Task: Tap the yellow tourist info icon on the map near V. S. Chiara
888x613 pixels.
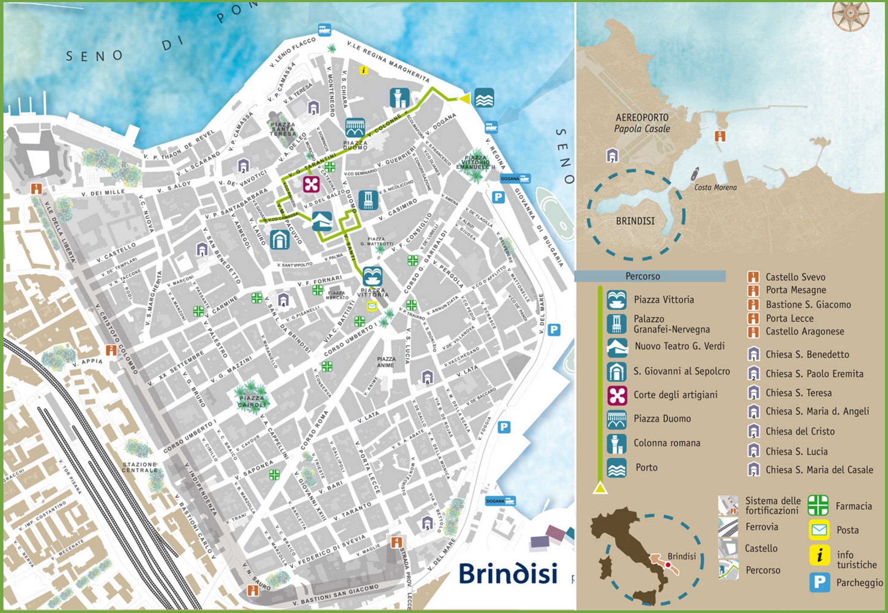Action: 363,70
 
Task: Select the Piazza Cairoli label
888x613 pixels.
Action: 252,402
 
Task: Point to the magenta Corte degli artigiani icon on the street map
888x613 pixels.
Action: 311,184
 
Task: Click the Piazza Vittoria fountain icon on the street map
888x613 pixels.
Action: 372,277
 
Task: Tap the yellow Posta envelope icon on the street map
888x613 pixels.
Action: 372,306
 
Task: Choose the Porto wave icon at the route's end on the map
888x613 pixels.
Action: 484,98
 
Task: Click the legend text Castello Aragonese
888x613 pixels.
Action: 804,331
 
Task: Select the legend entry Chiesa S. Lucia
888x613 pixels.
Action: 796,451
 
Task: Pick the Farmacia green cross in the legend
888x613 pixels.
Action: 818,506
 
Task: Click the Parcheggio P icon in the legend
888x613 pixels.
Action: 819,582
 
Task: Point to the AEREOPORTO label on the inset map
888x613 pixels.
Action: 642,117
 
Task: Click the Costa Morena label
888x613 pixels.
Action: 715,187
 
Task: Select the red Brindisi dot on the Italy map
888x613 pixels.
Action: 668,565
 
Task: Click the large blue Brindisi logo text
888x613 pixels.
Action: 508,573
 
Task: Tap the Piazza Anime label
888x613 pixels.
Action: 386,362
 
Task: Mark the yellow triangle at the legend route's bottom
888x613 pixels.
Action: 600,488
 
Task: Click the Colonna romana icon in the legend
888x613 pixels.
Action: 616,443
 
